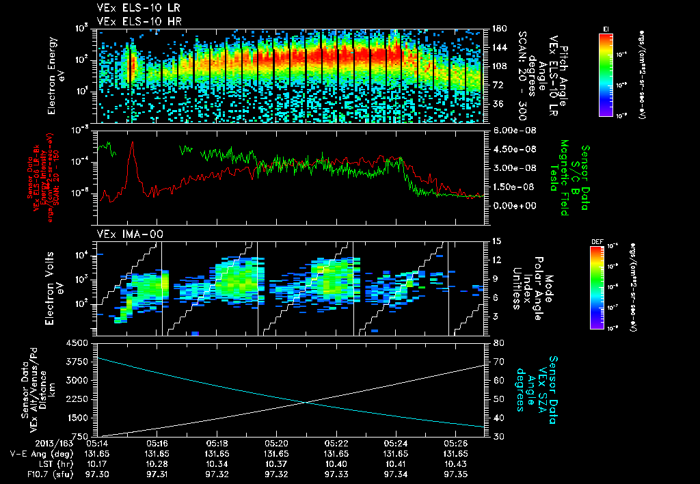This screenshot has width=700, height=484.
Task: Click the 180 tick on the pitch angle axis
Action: click(498, 29)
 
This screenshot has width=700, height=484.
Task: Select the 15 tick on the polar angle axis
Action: click(496, 241)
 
